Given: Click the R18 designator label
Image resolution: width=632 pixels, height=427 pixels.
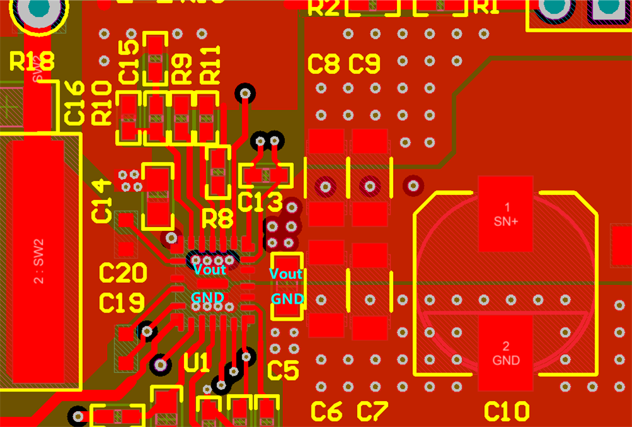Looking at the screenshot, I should (32, 61).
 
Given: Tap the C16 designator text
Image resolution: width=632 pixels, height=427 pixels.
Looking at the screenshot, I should (75, 102).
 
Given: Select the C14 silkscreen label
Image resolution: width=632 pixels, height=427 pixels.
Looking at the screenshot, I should (101, 201).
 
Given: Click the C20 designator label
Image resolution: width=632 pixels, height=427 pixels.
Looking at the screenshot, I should (123, 273).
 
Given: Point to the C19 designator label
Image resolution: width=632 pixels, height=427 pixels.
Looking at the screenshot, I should (122, 303).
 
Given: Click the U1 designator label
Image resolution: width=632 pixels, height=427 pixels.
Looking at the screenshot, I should (197, 363).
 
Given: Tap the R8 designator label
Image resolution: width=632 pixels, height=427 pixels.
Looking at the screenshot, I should (217, 220).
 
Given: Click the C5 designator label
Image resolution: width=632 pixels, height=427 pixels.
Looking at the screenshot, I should (283, 371).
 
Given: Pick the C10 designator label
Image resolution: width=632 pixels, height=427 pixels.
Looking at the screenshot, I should (506, 412).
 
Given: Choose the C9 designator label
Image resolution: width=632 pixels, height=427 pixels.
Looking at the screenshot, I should (365, 64).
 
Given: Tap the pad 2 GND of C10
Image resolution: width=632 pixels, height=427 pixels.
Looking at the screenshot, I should (506, 353).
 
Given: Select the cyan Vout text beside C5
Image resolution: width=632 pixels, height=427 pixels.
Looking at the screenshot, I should (286, 274).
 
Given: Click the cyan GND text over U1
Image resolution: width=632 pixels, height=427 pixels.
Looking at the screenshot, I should (207, 297).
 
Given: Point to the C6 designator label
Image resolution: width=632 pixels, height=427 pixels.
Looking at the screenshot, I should (327, 412).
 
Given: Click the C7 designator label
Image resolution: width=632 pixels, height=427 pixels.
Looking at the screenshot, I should (372, 412).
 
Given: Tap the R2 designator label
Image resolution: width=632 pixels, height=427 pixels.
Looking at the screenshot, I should (323, 8).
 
